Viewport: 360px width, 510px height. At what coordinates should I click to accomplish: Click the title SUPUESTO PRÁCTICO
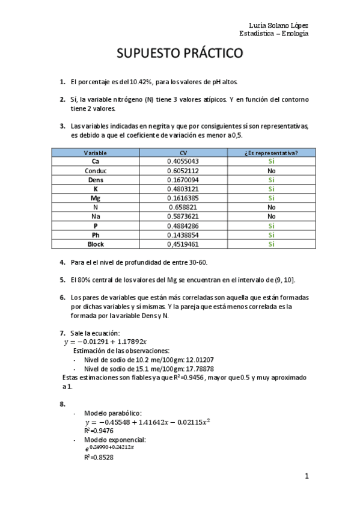(x=180, y=53)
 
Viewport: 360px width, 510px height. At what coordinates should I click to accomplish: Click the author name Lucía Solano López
(x=278, y=25)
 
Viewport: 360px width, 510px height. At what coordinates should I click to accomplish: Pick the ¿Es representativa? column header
(x=271, y=153)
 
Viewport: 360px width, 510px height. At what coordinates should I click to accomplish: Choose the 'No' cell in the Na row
(x=271, y=217)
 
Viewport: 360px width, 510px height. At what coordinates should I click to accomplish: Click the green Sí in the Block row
(x=271, y=244)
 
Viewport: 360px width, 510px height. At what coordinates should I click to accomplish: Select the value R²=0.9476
(x=100, y=431)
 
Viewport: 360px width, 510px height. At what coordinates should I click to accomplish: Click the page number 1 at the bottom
(x=307, y=477)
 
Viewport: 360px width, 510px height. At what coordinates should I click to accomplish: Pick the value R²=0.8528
(x=100, y=458)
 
